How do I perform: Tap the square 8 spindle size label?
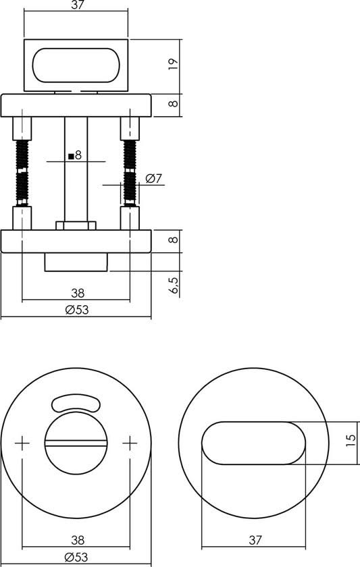(75, 155)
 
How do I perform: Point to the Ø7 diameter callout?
(154, 179)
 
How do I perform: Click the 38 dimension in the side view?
(77, 293)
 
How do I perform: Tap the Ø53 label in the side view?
(77, 310)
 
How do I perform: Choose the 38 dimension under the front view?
(77, 539)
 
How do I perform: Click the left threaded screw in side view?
(22, 172)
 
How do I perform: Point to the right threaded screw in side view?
(129, 172)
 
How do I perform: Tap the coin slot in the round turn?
(76, 443)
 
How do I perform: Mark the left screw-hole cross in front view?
(22, 443)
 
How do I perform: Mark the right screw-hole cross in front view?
(130, 443)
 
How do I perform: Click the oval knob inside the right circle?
(253, 443)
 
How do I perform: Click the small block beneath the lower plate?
(76, 262)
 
